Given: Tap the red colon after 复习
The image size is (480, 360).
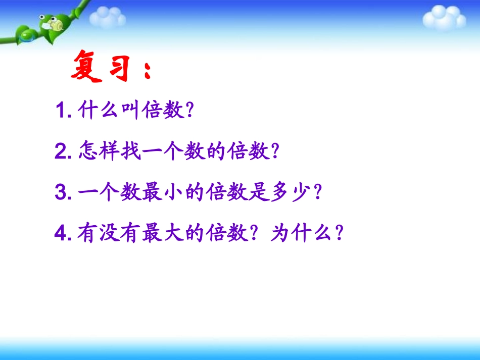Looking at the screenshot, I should tap(147, 71).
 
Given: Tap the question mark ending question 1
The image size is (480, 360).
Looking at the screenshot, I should tap(190, 110).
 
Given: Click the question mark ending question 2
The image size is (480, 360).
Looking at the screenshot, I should tap(275, 151).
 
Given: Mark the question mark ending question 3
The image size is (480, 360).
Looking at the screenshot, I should tap(317, 192).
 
